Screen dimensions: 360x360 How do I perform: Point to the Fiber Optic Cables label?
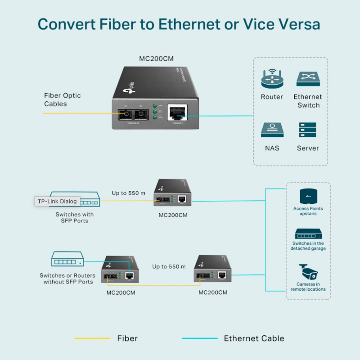tap(62, 99)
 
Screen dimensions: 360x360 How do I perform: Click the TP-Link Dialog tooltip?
tap(57, 201)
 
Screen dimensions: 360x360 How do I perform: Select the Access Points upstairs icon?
tap(308, 195)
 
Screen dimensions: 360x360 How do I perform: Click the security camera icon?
tap(308, 272)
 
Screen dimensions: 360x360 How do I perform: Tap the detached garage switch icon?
tap(308, 234)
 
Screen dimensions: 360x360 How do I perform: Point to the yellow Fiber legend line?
tap(92, 338)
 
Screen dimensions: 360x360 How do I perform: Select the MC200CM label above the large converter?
tap(157, 59)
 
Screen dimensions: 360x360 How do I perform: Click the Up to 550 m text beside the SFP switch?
tap(129, 193)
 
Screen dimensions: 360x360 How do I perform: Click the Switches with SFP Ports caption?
tap(74, 218)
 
